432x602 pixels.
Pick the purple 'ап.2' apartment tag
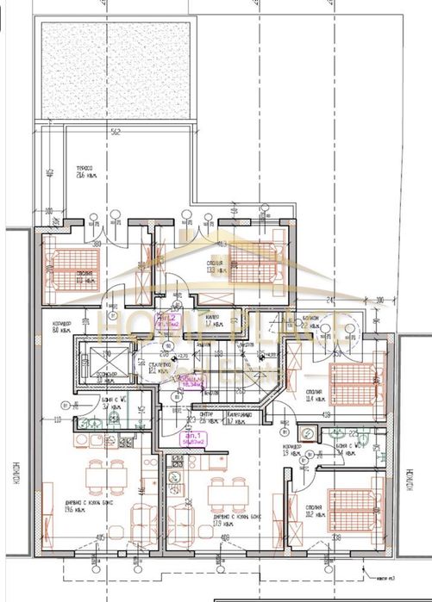coord(166,320)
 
